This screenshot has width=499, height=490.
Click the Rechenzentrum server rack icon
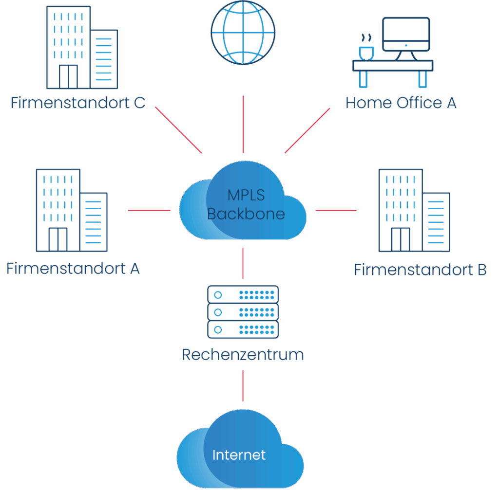click(243, 312)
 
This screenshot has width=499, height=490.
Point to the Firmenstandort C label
click(78, 103)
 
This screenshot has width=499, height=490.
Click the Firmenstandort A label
click(73, 269)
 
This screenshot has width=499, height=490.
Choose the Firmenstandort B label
click(420, 270)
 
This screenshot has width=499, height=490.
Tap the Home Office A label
click(401, 103)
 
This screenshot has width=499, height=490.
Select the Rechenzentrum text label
click(243, 354)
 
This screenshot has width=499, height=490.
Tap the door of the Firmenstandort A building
click(58, 239)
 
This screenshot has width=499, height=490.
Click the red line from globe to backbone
click(243, 124)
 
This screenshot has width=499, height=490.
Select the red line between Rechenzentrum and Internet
click(243, 385)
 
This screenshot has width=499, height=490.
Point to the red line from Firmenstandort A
click(149, 210)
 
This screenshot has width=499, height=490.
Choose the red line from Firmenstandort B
click(336, 210)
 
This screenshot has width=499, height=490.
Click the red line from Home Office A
click(307, 130)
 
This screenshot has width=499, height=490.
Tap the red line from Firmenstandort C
click(178, 130)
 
